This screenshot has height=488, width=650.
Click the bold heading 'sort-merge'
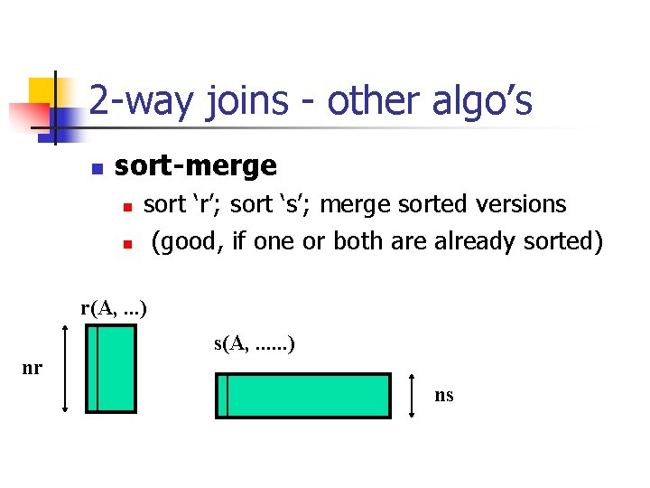pos(196,165)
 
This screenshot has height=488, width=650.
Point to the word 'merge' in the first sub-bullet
pos(359,204)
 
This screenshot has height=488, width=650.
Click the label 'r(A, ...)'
pos(114,308)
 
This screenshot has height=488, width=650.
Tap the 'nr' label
pos(32,369)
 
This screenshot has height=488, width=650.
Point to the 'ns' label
pos(443,395)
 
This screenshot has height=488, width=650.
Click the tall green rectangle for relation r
pos(111,369)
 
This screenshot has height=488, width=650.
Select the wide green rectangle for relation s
pos(303,396)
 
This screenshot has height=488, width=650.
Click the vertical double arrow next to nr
pos(65,369)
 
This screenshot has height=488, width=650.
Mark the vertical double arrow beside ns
pos(412,396)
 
